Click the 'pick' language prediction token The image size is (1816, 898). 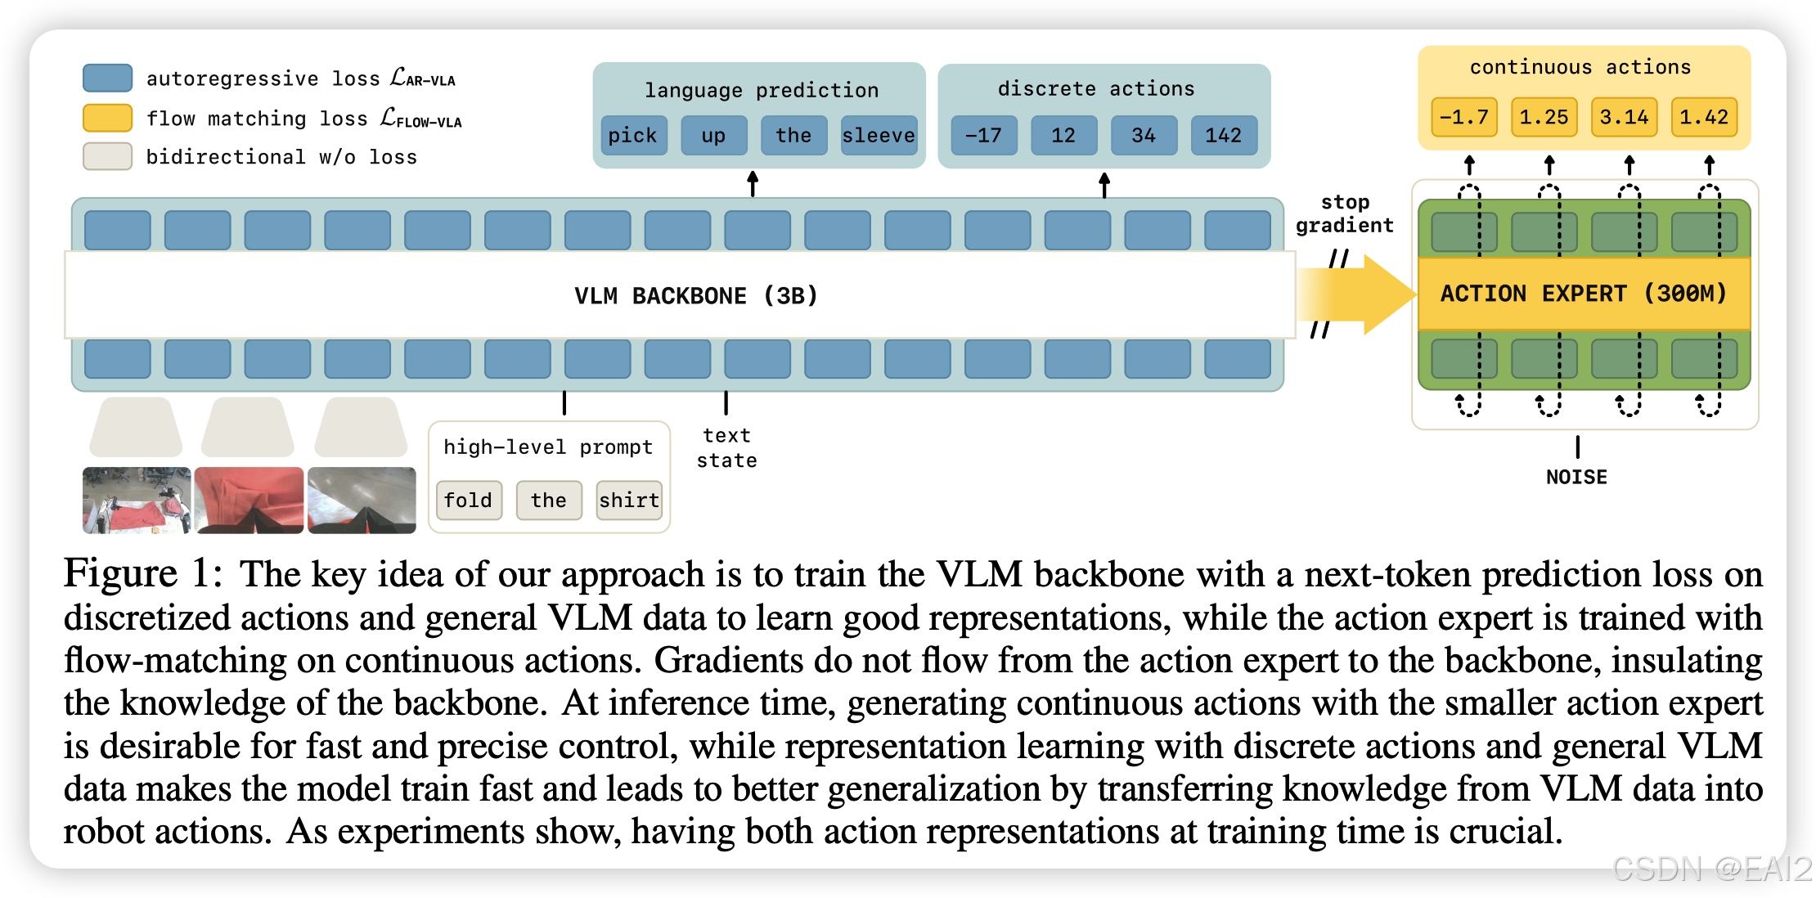coord(633,135)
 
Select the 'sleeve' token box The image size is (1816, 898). coord(879,135)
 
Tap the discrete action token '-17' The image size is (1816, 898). coord(983,135)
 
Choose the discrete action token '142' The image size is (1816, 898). coord(1224,135)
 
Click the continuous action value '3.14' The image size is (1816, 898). coord(1624,117)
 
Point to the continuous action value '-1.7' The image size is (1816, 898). coord(1464,117)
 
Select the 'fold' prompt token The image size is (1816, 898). coord(469,500)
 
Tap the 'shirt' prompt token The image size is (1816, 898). coord(629,500)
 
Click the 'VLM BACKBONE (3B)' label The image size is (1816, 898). coord(696,295)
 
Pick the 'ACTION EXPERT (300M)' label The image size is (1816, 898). coord(1584,294)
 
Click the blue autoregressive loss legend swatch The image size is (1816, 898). coord(107,78)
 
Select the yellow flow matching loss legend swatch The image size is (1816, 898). coord(107,118)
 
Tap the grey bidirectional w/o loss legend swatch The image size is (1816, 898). coord(107,156)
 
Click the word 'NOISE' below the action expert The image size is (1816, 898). coord(1576,477)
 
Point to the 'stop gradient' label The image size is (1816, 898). coord(1344,213)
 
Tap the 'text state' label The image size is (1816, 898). coord(726,447)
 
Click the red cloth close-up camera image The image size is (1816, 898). coord(249,500)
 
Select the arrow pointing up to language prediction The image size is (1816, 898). coord(753,183)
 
